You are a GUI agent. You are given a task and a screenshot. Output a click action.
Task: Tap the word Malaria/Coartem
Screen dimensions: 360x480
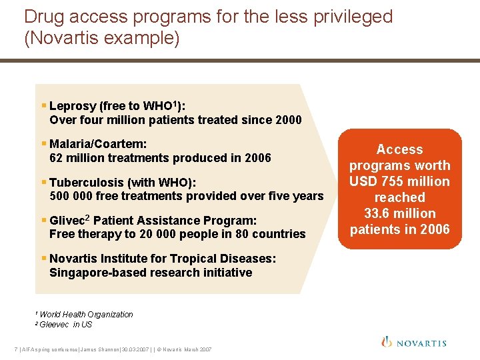click(98, 144)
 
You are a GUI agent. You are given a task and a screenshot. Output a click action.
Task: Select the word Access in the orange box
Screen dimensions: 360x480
click(399, 149)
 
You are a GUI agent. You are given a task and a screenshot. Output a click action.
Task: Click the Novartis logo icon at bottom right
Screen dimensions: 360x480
click(387, 342)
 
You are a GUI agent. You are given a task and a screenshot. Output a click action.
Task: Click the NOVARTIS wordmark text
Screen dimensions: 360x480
click(421, 343)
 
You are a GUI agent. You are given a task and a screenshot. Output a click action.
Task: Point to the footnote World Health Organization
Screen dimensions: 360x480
click(86, 315)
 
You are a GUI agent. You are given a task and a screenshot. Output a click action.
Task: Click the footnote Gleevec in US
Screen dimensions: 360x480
click(65, 325)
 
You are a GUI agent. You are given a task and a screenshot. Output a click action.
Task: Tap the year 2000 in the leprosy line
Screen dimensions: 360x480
click(288, 120)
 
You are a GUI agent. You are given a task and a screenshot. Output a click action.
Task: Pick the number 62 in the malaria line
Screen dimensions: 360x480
click(57, 158)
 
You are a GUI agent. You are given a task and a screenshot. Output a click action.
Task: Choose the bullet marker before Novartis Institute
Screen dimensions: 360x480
click(44, 258)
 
